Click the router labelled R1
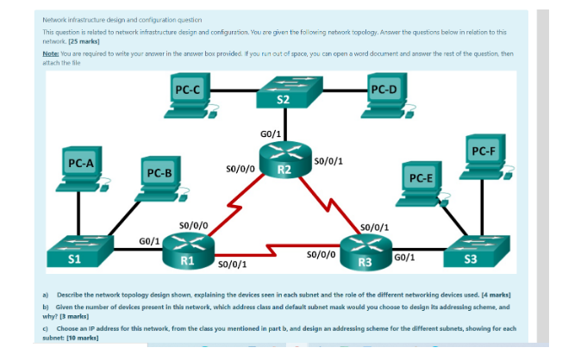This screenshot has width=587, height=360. [188, 251]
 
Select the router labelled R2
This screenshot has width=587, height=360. [285, 160]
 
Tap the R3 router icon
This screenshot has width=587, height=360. [365, 252]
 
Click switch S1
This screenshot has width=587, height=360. [80, 251]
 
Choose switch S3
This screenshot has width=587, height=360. [477, 251]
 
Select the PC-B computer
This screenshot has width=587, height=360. [162, 179]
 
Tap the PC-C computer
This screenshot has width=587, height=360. [191, 96]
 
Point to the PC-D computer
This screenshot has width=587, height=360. [388, 96]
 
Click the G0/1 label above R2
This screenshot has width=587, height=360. [271, 134]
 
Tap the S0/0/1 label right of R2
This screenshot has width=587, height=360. [328, 161]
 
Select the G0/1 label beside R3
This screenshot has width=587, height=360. [404, 258]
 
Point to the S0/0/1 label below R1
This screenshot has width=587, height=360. [232, 264]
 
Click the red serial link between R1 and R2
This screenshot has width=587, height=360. [235, 206]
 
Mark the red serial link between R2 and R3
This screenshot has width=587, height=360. [329, 205]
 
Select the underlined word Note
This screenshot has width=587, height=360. [51, 53]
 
